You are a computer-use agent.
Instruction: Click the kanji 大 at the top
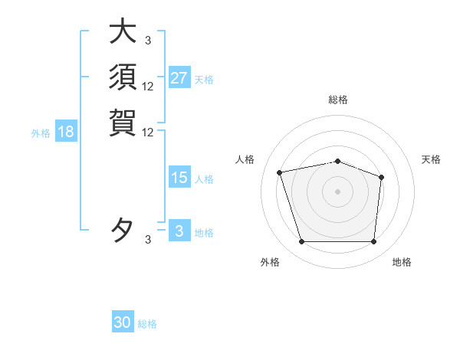[123, 31]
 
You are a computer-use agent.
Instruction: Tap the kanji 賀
[123, 122]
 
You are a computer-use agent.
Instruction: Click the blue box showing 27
[179, 78]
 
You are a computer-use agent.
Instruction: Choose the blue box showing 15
[179, 178]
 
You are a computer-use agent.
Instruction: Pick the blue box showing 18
[66, 132]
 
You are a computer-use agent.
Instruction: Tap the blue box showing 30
[123, 322]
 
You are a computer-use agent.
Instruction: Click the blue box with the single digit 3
[179, 231]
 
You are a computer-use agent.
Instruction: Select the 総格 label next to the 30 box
[147, 324]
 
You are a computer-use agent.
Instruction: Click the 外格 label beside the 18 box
[41, 133]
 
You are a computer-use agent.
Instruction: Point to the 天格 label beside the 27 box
[204, 80]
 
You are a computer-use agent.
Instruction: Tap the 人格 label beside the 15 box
[204, 179]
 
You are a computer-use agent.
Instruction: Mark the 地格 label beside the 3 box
[204, 233]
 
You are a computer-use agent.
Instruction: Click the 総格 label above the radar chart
[337, 100]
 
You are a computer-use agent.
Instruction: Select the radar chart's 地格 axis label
[402, 263]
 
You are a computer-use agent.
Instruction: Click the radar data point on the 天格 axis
[381, 178]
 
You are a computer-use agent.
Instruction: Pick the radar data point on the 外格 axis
[301, 242]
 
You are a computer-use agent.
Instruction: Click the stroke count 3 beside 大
[148, 40]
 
